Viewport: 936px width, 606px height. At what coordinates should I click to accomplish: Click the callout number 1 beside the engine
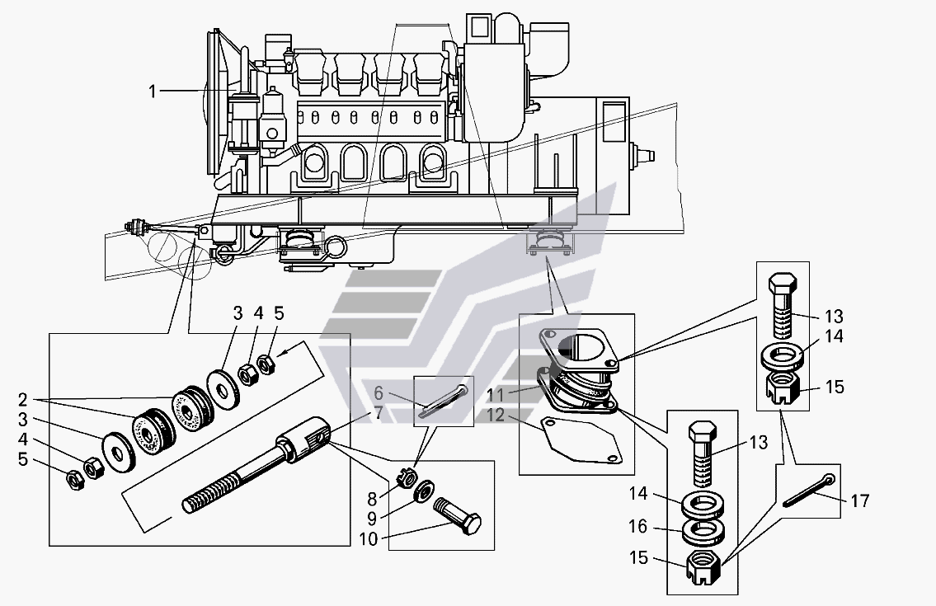153,92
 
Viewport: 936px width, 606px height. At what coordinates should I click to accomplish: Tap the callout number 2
23,399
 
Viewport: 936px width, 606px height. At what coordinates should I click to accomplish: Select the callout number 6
379,392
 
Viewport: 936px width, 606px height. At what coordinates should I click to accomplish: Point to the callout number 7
379,412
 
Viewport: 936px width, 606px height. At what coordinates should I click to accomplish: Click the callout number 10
369,539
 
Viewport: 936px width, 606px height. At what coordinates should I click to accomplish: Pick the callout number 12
496,415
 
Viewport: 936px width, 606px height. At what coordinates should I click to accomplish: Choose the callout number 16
638,526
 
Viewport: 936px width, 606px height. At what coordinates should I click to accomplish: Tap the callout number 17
859,500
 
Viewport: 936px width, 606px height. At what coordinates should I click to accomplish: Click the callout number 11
496,395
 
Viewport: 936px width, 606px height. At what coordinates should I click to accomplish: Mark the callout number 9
371,518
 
